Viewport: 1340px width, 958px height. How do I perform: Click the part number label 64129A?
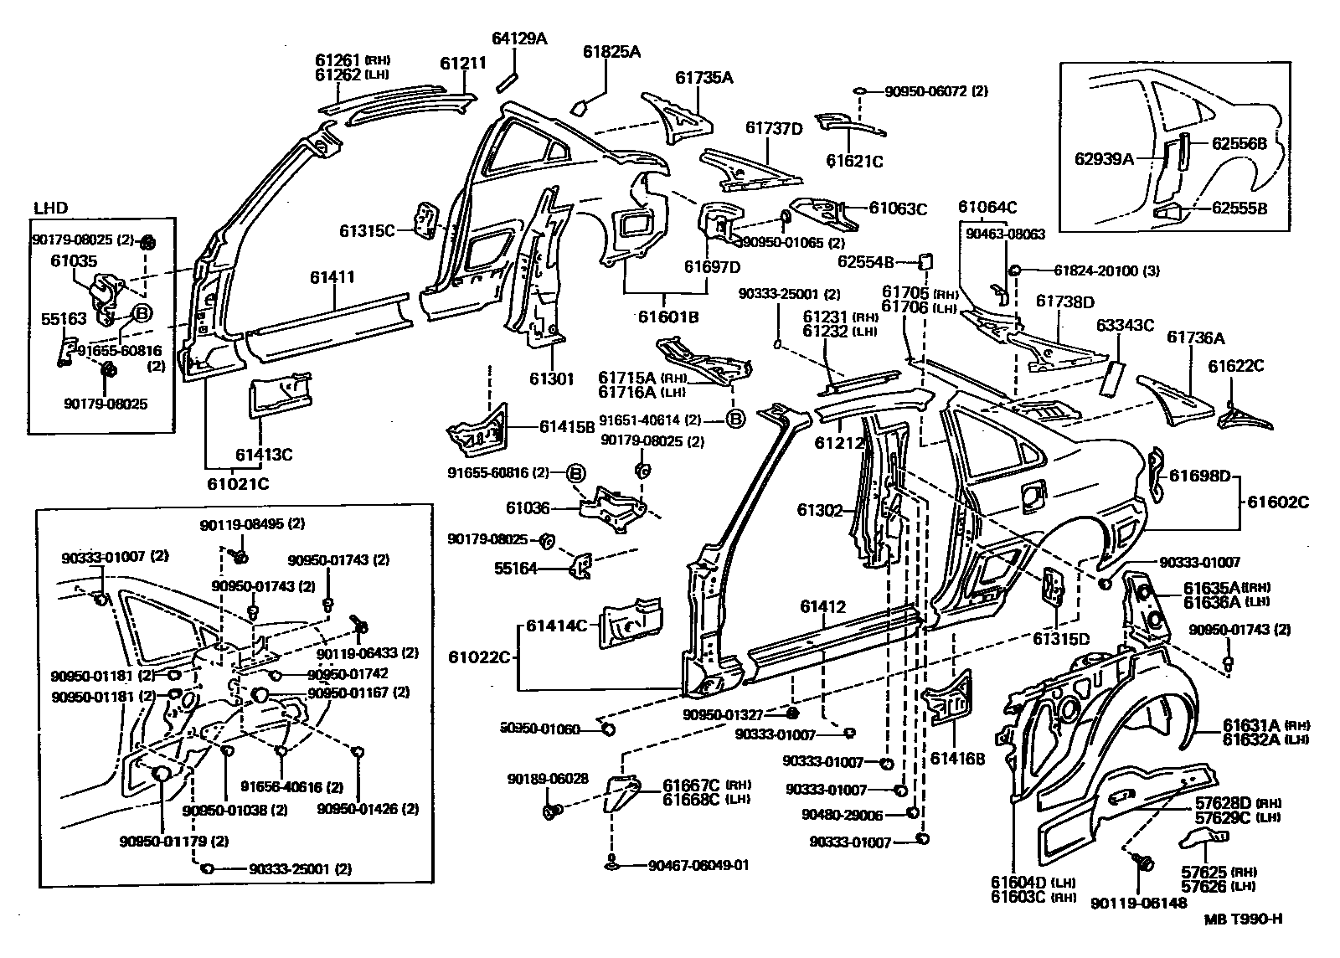[x=518, y=38]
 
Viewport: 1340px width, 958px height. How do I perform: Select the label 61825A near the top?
[x=611, y=52]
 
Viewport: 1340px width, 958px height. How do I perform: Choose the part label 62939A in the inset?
[x=1104, y=157]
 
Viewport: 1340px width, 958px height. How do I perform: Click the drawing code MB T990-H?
[x=1243, y=919]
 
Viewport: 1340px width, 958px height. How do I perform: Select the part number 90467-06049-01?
[x=698, y=865]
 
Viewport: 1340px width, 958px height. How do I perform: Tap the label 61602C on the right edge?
[x=1277, y=502]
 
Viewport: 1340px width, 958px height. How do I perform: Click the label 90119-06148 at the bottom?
[x=1139, y=903]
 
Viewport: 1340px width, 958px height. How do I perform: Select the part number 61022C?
[x=479, y=657]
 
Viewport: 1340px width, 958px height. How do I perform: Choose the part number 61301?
[x=551, y=379]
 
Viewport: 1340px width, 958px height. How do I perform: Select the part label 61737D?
[x=774, y=127]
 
